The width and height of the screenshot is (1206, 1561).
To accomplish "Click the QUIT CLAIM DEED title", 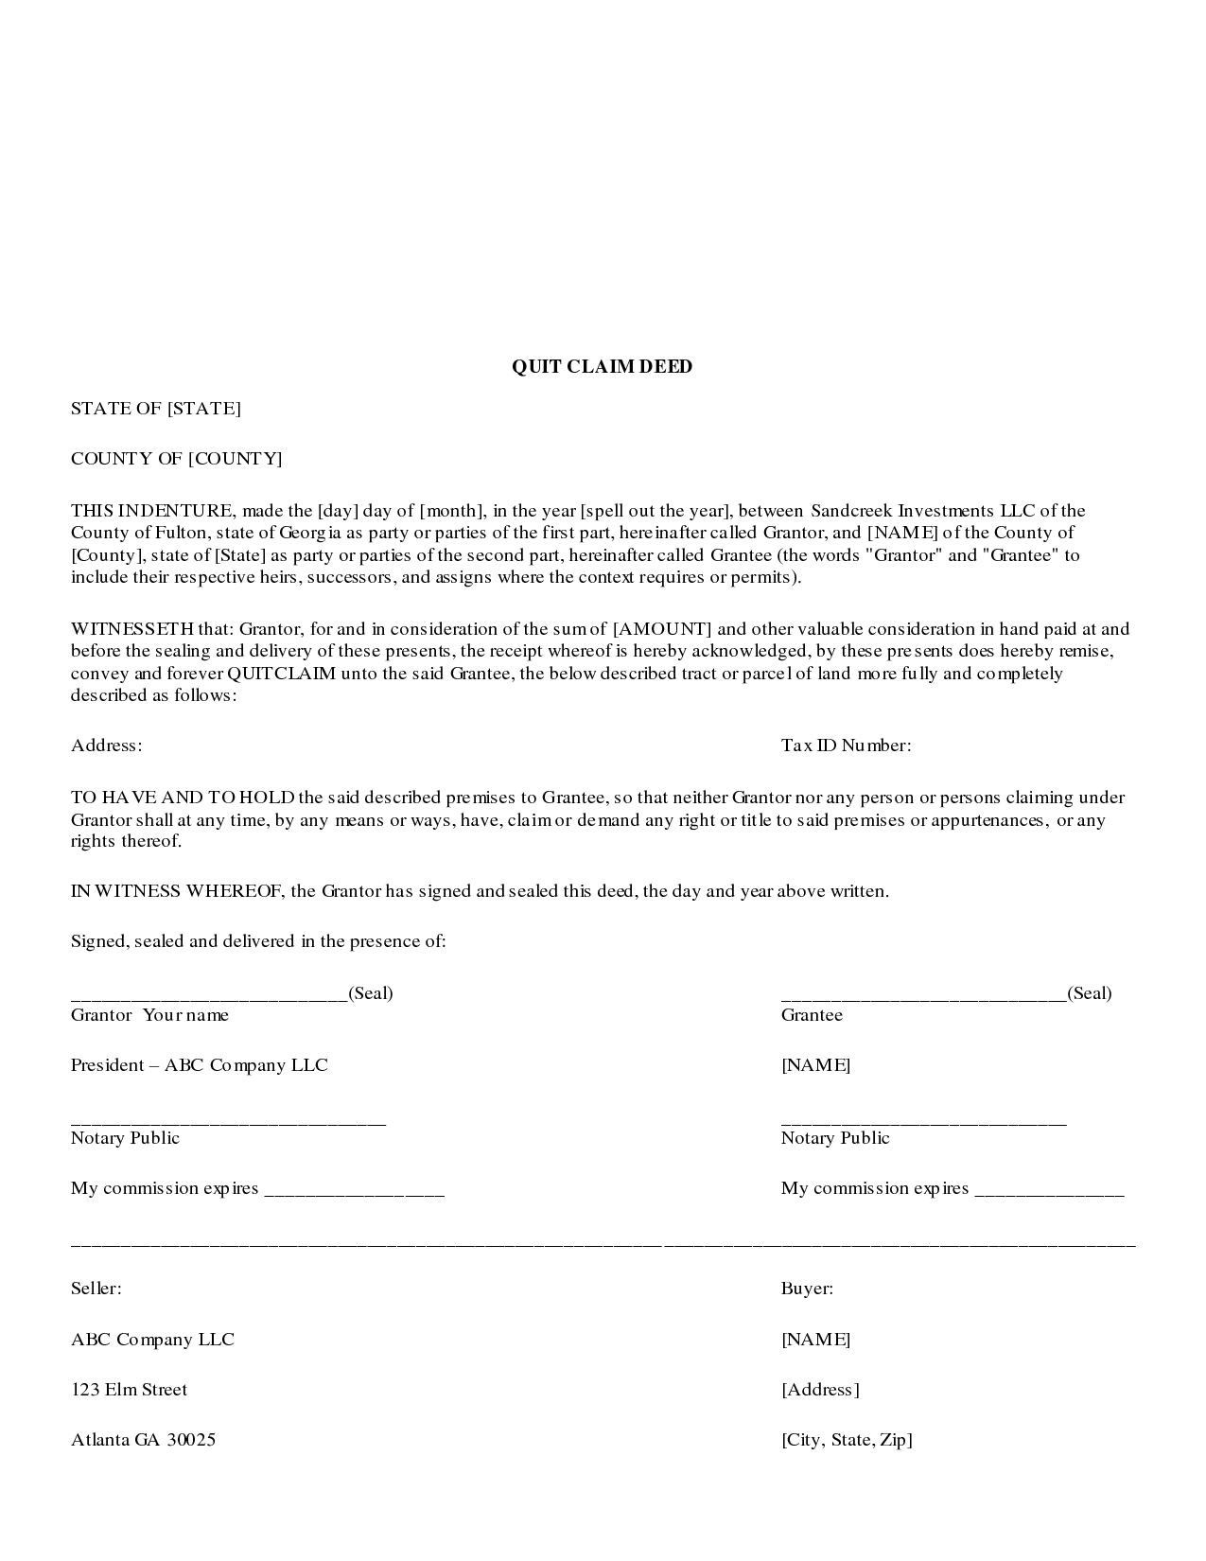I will tap(602, 367).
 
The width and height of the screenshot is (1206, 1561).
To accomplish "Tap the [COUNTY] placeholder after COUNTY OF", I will tap(235, 459).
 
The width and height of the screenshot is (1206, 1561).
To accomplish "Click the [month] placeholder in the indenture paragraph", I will tap(452, 512).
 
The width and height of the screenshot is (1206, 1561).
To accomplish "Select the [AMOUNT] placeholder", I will tap(663, 629).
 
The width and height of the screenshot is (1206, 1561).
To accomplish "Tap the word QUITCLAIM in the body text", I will tap(282, 674).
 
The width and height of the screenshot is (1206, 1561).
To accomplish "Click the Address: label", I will tap(106, 745).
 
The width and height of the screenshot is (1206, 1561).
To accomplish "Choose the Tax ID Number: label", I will tap(846, 745).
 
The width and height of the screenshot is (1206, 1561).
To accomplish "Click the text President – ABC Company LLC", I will tap(199, 1065).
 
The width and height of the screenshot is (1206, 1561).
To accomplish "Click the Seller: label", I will tap(96, 1289).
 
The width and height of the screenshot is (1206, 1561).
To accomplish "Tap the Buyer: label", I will tap(807, 1289).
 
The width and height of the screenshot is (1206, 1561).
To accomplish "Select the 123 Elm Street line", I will tap(129, 1390).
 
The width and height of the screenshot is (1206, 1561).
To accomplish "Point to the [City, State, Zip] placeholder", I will tap(847, 1440).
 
